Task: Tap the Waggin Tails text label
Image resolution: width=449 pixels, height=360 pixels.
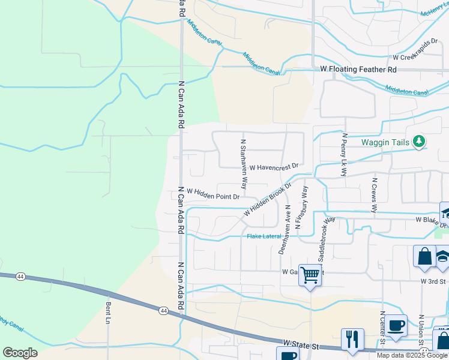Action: click(385, 142)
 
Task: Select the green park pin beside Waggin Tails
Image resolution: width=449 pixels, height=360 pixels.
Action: click(419, 142)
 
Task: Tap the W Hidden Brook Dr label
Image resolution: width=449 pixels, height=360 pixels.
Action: click(267, 200)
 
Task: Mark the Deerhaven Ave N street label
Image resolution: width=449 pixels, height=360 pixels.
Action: click(284, 229)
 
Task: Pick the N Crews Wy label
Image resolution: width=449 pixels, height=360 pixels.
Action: click(375, 194)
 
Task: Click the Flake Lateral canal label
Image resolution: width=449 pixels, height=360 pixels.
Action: click(264, 236)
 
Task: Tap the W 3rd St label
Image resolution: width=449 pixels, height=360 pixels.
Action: click(433, 281)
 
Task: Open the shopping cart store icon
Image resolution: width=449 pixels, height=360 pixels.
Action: click(310, 275)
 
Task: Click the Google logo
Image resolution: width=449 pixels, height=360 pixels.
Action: click(20, 353)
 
